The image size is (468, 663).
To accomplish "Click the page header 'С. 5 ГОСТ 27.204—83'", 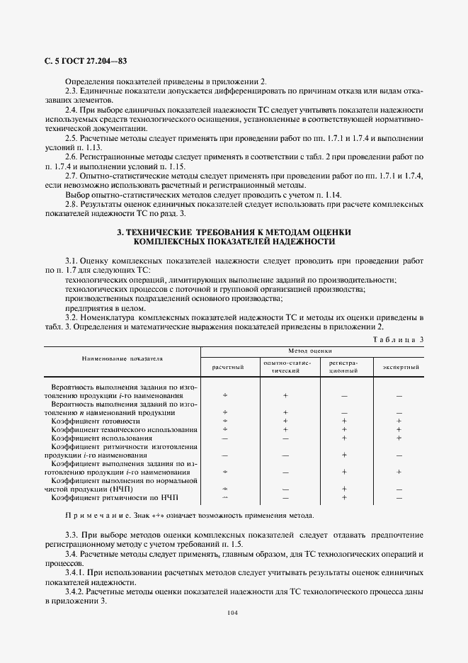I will click(x=80, y=62).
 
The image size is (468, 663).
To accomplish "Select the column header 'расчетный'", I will click(x=228, y=368).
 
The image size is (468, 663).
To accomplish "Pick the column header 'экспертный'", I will click(x=401, y=368).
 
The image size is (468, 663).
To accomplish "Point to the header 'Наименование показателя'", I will click(x=122, y=358).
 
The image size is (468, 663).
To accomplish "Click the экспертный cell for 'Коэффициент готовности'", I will click(x=399, y=421).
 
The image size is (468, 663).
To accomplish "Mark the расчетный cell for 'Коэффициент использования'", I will click(x=225, y=438).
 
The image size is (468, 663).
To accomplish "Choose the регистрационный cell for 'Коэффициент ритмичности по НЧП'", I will click(x=343, y=497).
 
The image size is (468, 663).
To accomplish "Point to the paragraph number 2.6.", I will click(x=72, y=155).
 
